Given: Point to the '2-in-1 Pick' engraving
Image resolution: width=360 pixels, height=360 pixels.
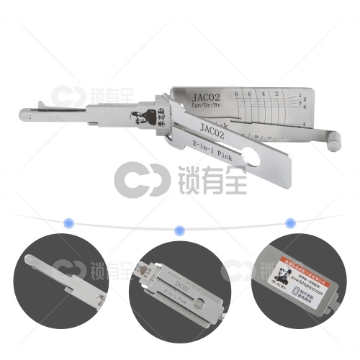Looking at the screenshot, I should point(217,150).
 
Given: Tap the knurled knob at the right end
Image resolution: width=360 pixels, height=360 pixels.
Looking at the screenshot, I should point(335,137).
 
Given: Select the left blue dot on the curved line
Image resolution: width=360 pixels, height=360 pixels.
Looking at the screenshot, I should point(69,223).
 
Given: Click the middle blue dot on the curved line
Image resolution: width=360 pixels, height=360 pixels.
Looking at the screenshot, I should point(180,230).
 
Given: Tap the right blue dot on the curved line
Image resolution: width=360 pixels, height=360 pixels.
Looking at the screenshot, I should point(290,223).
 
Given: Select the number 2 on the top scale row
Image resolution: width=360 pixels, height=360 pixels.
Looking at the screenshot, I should point(279,94).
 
